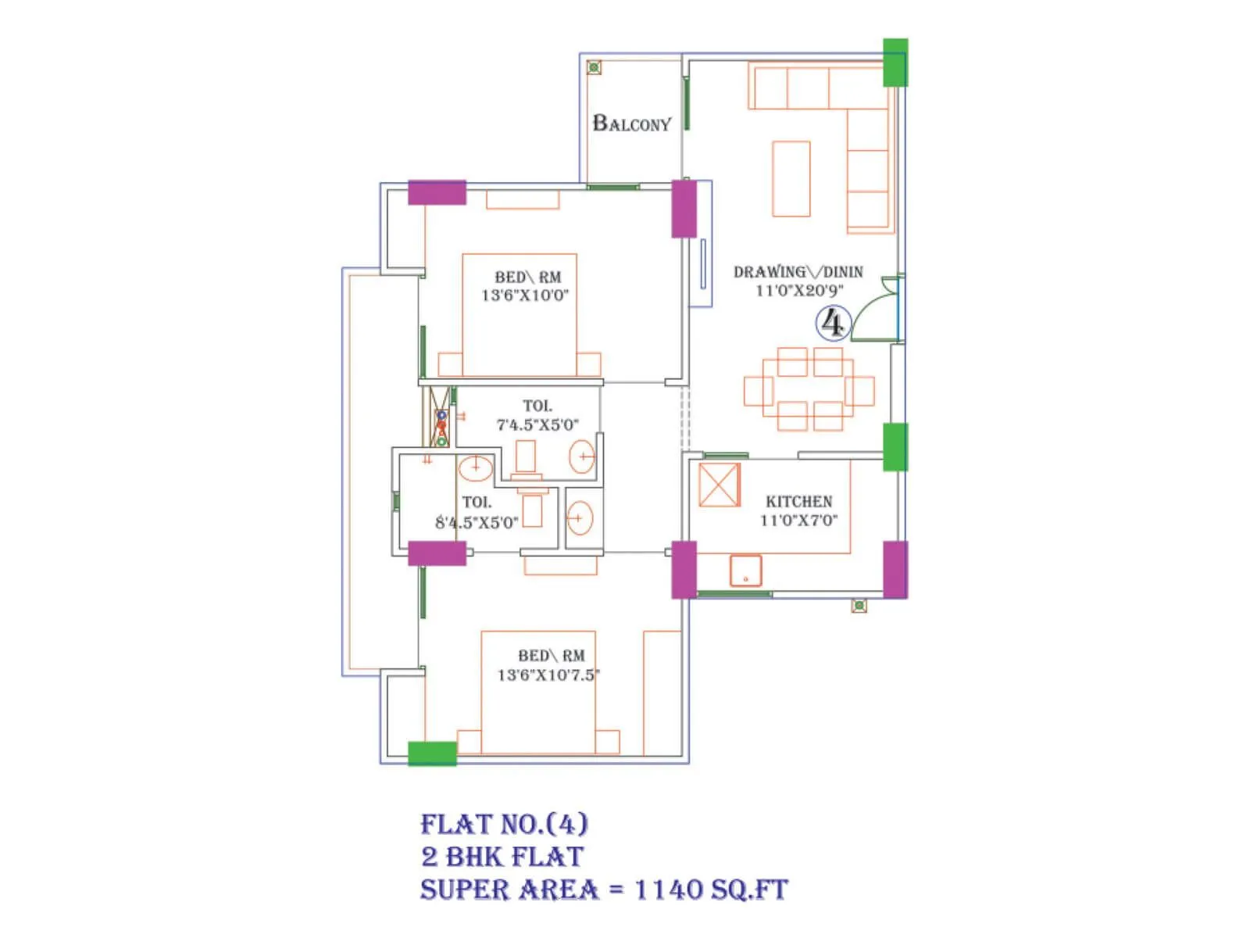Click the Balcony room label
pyautogui.click(x=631, y=124)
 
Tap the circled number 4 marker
pyautogui.click(x=833, y=323)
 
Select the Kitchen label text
pyautogui.click(x=798, y=502)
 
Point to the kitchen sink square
pyautogui.click(x=745, y=571)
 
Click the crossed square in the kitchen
pyautogui.click(x=719, y=485)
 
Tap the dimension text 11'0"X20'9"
pyautogui.click(x=798, y=291)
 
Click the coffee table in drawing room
pyautogui.click(x=791, y=178)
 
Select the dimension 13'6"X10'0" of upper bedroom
pyautogui.click(x=525, y=295)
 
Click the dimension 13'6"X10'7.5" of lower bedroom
pyautogui.click(x=548, y=675)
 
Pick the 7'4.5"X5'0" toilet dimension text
pyautogui.click(x=537, y=425)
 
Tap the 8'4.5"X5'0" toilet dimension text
pyautogui.click(x=477, y=523)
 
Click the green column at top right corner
pyautogui.click(x=895, y=63)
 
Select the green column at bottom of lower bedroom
pyautogui.click(x=432, y=754)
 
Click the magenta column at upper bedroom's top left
pyautogui.click(x=437, y=192)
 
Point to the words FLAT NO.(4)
pyautogui.click(x=504, y=824)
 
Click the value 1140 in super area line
pyautogui.click(x=668, y=890)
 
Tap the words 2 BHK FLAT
pyautogui.click(x=502, y=857)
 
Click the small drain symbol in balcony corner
pyautogui.click(x=594, y=68)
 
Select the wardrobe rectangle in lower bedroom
pyautogui.click(x=661, y=693)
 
